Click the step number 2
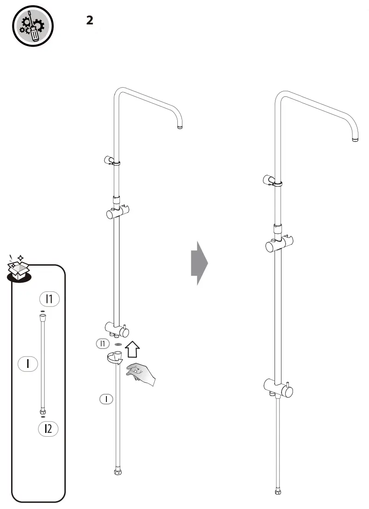coord(90,20)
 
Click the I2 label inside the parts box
coord(48,429)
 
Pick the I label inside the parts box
coord(28,363)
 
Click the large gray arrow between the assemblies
coord(199,263)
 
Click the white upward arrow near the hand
coord(132,349)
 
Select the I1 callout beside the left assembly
coord(103,343)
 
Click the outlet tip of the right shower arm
coord(355,138)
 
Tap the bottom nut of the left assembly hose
coord(117,472)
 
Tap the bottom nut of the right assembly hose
coord(278,491)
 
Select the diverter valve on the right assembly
coord(279,387)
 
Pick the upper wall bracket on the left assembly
coord(112,160)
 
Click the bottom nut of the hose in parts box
coord(43,412)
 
